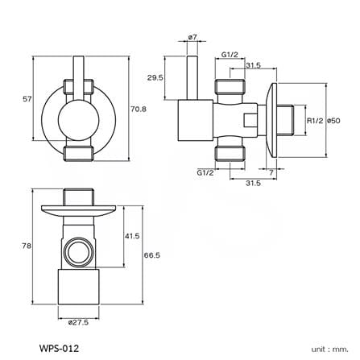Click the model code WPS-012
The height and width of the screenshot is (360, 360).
[59, 348]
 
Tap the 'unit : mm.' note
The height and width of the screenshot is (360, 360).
[329, 350]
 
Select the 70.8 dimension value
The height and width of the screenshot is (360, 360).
[139, 109]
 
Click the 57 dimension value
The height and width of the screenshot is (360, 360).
[27, 99]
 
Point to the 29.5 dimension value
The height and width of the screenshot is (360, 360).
[155, 78]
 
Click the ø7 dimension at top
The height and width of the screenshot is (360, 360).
[192, 37]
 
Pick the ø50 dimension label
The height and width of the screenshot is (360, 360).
[333, 121]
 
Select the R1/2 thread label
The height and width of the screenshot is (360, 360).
[315, 121]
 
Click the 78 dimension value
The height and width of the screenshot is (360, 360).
[27, 246]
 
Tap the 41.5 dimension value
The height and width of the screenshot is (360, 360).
[132, 236]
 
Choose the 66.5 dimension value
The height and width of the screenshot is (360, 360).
[152, 255]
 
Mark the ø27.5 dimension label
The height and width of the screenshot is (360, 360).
[78, 322]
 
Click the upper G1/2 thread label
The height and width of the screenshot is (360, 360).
[230, 55]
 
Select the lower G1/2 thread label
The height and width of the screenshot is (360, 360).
[205, 172]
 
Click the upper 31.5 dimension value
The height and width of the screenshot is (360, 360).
[253, 65]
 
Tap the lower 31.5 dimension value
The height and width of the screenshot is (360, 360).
[253, 183]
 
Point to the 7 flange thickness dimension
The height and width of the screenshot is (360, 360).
[271, 172]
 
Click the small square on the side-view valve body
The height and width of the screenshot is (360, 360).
[250, 120]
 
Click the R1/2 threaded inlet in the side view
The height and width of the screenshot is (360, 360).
[286, 121]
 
